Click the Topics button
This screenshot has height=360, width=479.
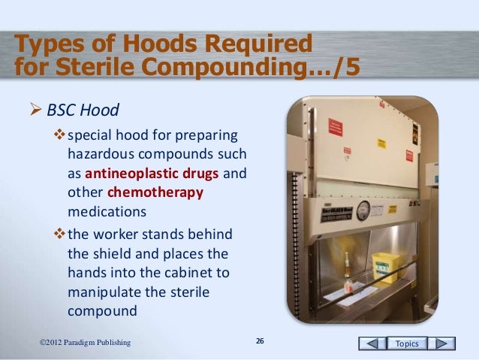coord(407,343)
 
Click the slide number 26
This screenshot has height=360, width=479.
coord(260,343)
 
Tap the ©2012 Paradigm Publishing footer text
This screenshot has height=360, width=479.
coord(85,343)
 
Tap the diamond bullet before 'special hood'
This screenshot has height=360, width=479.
coord(62,136)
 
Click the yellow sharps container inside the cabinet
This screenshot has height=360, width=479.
coord(385,264)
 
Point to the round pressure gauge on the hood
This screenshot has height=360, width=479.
coord(363,208)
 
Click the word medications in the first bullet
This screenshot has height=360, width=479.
coord(98,210)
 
